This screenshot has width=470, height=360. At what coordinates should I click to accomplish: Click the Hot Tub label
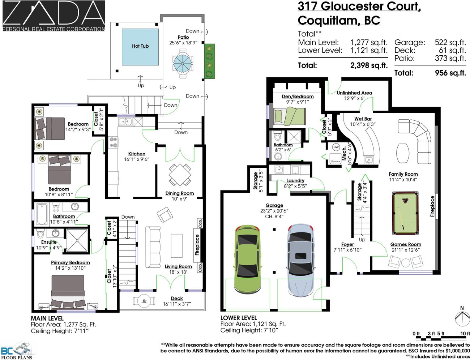(x=140, y=46)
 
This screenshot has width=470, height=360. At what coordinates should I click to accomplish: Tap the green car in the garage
(x=247, y=259)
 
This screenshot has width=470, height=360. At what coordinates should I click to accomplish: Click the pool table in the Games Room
(x=405, y=213)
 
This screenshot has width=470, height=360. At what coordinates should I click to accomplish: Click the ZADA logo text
(x=54, y=13)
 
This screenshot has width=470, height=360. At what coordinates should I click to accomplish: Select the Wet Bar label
(x=363, y=119)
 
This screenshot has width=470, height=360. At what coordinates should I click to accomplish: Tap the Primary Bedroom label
(x=70, y=262)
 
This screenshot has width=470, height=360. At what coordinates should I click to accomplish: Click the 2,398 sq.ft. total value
(x=369, y=65)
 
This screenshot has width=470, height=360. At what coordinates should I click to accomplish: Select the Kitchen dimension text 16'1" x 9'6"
(x=137, y=159)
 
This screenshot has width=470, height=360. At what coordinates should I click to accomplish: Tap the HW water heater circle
(x=336, y=147)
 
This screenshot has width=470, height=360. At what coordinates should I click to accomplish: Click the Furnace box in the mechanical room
(x=336, y=159)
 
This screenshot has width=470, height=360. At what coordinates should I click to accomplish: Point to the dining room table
(x=180, y=175)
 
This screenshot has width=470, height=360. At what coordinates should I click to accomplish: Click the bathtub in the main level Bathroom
(x=42, y=214)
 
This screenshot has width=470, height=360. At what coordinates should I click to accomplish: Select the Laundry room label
(x=295, y=180)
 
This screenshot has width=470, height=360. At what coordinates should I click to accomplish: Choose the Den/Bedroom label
(x=298, y=97)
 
